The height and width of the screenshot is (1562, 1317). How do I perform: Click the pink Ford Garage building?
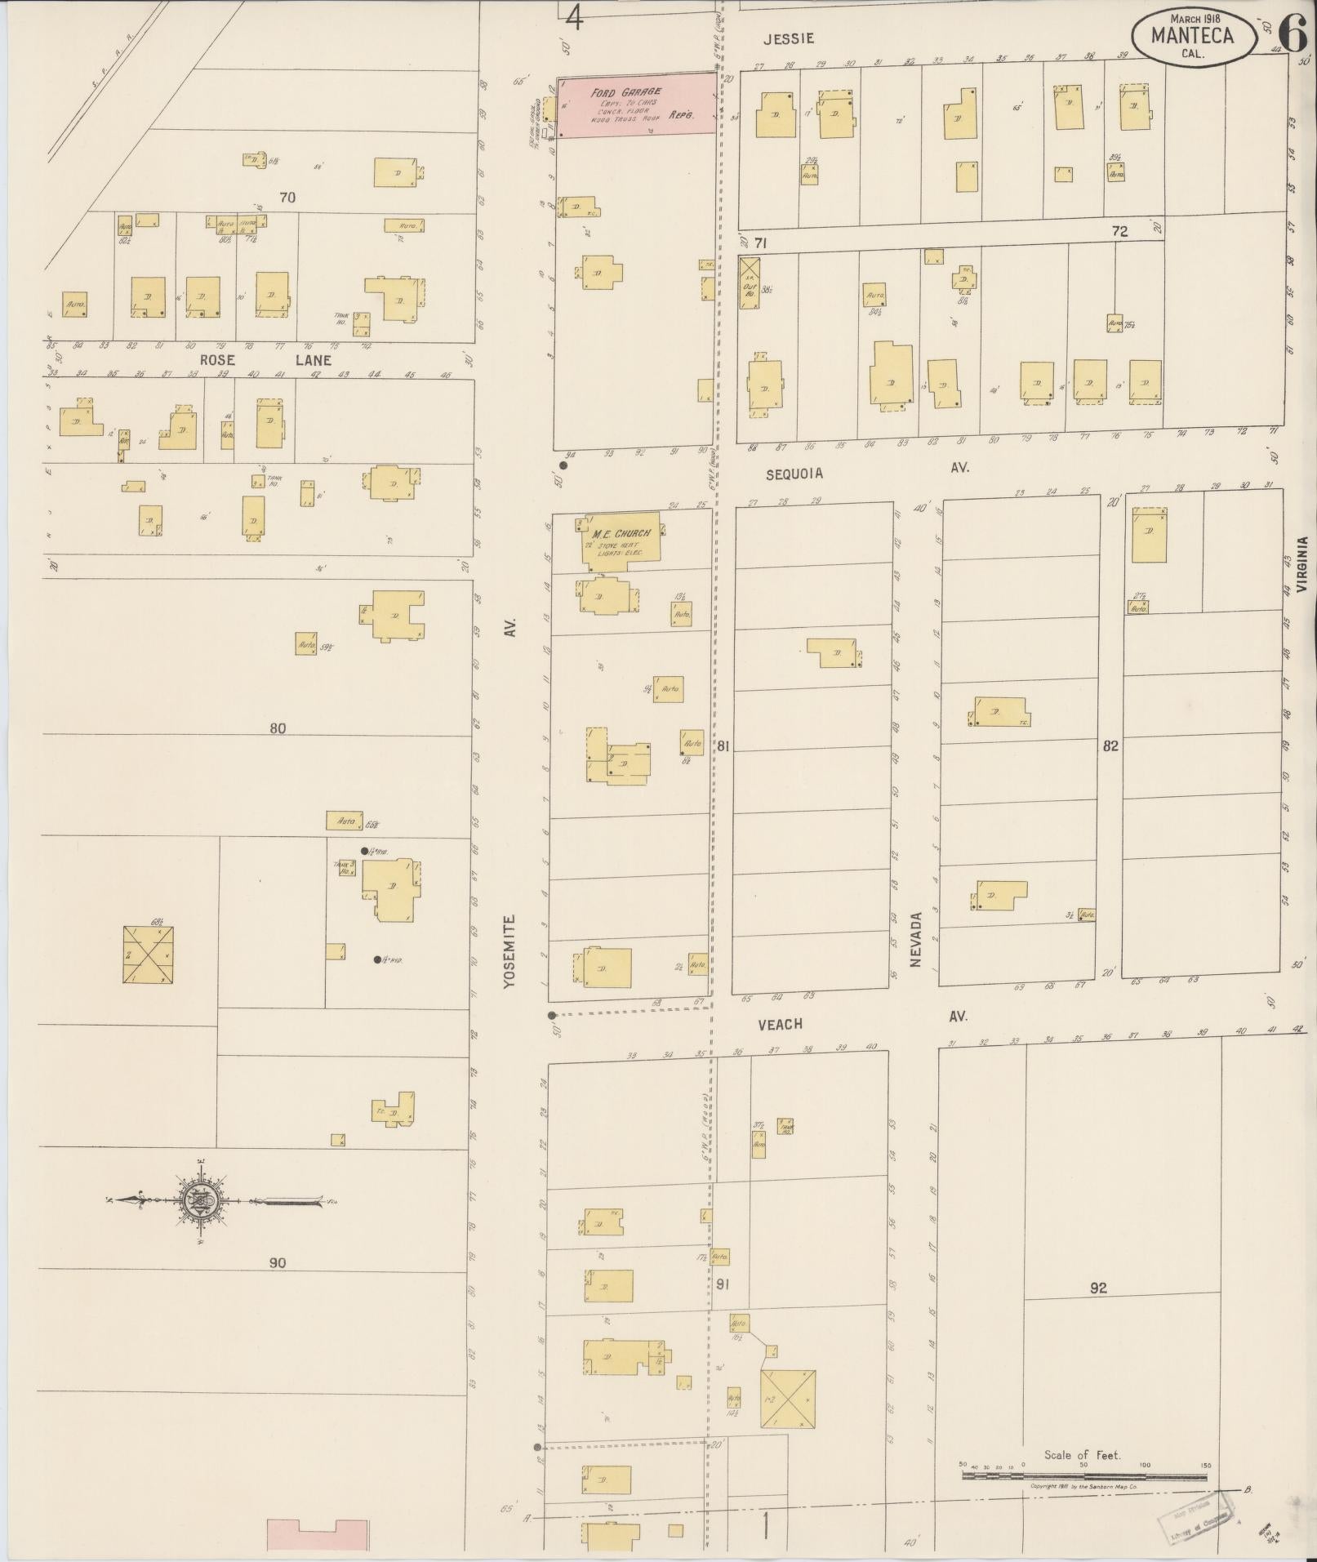pos(635,105)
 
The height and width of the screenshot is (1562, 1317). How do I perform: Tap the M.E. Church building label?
pos(621,534)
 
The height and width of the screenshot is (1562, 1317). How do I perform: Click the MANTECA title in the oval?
pos(1192,35)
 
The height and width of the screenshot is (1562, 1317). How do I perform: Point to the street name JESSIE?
pos(790,38)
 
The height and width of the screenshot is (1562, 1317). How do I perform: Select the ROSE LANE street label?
pos(265,360)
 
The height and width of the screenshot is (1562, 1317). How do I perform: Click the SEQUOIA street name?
pos(794,474)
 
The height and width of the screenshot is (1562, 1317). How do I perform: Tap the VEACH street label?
pos(780,1023)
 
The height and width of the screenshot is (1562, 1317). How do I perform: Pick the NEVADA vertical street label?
pos(915,939)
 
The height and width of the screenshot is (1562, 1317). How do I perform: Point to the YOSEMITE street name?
pos(510,951)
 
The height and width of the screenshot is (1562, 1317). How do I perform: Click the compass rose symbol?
pos(196,1200)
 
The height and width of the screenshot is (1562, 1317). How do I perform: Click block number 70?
pos(287,198)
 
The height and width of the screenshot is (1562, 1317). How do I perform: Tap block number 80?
pos(278,728)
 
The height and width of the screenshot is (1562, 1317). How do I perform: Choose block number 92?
pos(1098,1288)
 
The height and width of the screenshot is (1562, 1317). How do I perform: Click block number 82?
pos(1110,745)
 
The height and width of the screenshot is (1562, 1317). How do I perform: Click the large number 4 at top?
pos(575,17)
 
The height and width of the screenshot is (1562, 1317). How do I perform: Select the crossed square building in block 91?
pos(789,1399)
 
